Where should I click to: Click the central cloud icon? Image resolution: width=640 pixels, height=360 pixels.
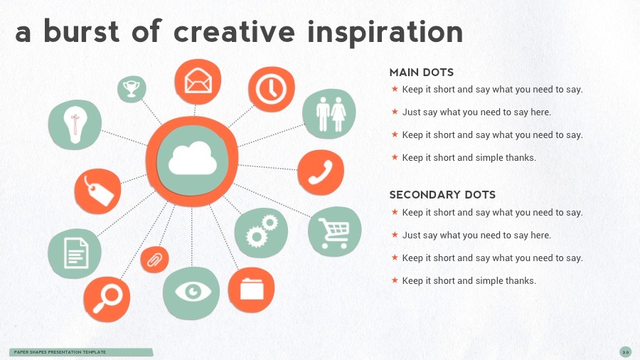[x=193, y=159]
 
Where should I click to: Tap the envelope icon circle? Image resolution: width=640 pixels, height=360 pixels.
[x=198, y=82]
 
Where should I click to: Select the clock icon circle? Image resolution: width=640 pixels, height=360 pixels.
[x=272, y=89]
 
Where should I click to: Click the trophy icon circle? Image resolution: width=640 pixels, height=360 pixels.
[x=132, y=88]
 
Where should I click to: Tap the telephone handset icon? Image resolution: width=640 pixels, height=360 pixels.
[x=321, y=172]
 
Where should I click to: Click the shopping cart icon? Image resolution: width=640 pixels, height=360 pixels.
[x=334, y=233]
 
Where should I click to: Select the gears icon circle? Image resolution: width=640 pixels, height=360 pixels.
[x=261, y=233]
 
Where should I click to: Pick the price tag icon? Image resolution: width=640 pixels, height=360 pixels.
[x=99, y=191]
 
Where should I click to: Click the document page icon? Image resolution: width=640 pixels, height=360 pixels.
[x=76, y=253]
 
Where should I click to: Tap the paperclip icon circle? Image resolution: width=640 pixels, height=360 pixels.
[x=154, y=260]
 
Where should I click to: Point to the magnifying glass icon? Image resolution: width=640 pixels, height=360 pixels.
[x=107, y=299]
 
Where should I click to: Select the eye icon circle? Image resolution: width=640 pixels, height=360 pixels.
[x=191, y=292]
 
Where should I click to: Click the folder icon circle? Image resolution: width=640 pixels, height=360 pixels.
[x=251, y=290]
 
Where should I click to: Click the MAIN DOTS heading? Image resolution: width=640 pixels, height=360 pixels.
[x=421, y=73]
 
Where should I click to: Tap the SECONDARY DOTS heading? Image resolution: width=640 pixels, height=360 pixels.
[x=442, y=195]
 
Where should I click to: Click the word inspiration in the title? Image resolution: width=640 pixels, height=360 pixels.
[x=385, y=33]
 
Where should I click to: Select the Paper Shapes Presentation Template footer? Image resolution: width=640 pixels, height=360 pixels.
[x=60, y=352]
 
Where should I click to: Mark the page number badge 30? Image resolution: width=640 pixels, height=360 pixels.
[x=625, y=352]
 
